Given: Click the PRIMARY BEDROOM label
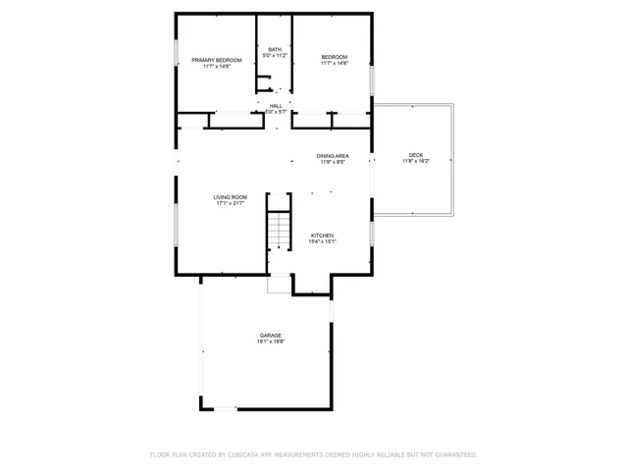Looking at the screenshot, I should (x=216, y=60).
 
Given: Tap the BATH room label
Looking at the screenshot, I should (x=274, y=49).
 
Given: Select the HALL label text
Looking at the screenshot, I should (x=276, y=105).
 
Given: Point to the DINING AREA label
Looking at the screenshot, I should (x=333, y=155).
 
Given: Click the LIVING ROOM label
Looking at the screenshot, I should (x=231, y=197).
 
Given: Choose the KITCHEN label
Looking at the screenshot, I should (x=323, y=235).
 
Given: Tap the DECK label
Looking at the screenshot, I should (x=416, y=155).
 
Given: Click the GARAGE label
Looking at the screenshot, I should (x=271, y=336).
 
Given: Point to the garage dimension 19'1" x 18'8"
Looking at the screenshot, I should (x=271, y=342).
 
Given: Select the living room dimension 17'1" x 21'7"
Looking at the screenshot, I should (x=231, y=204).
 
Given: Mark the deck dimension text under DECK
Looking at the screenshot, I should (x=416, y=162).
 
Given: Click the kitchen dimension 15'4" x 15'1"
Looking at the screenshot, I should (x=323, y=242).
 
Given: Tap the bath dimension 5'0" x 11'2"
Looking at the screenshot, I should (x=274, y=56).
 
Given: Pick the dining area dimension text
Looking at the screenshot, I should (x=333, y=162).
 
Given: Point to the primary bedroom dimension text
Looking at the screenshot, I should (x=216, y=67).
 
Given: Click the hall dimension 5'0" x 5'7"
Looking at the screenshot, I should (x=276, y=112).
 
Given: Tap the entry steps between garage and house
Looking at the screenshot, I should (x=280, y=284).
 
